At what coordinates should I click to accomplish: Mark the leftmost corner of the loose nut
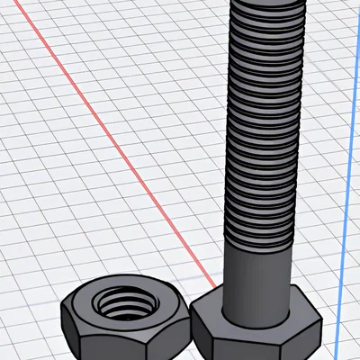(62, 310)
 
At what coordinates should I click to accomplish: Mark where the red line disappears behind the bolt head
(200, 286)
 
